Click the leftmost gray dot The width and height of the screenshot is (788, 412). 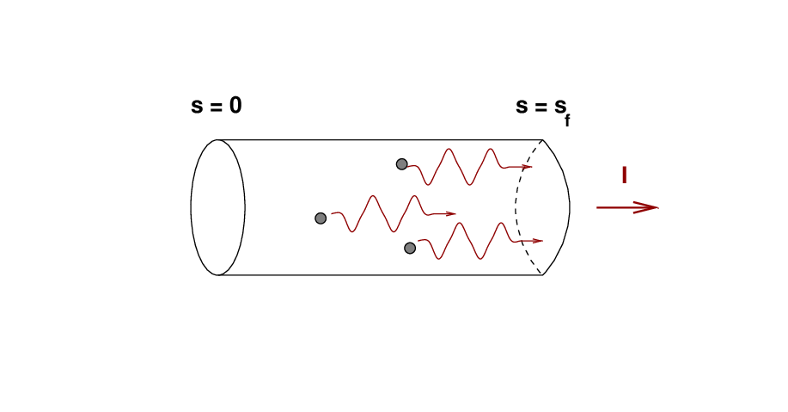(321, 218)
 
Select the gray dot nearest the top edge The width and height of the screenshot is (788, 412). (401, 164)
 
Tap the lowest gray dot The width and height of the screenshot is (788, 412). (410, 248)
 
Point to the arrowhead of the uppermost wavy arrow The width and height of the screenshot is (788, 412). (527, 167)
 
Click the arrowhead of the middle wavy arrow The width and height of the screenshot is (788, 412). (451, 214)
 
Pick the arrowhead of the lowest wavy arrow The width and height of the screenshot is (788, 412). (538, 241)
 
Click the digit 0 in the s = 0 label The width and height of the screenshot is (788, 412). (235, 105)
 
